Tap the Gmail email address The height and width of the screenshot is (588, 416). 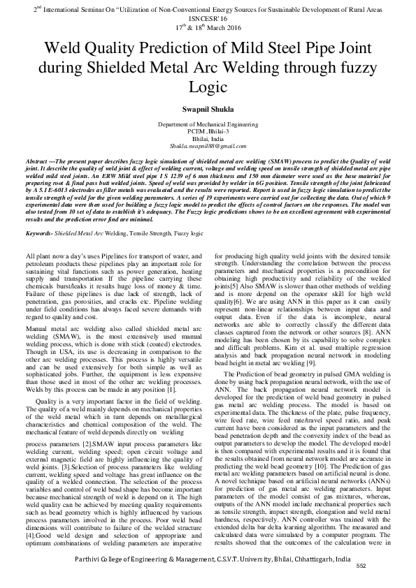208,147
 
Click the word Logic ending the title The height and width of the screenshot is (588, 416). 208,87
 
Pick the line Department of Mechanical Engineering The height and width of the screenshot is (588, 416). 208,122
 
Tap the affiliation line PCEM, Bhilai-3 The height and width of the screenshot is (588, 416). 208,131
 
